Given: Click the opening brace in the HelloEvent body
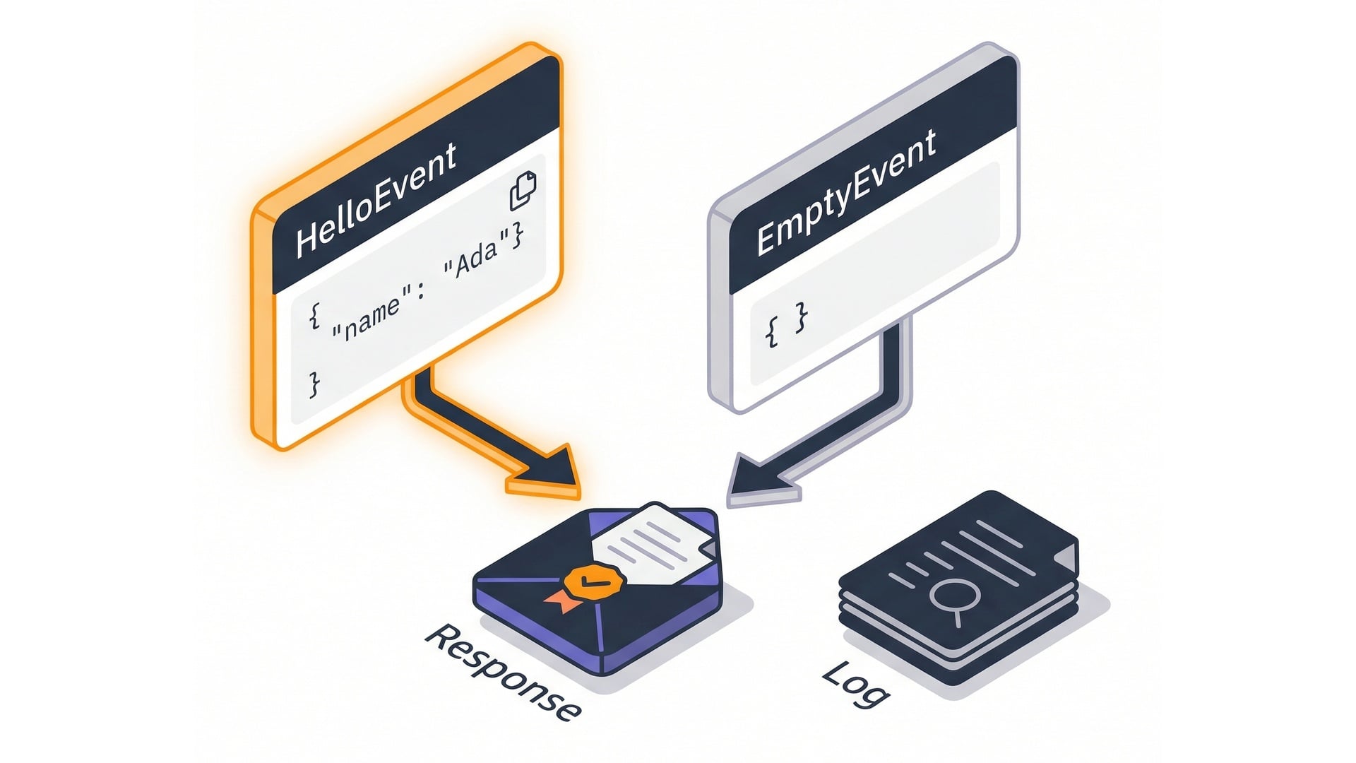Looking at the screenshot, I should coord(315,316).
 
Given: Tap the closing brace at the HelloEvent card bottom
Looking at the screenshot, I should coord(314,384).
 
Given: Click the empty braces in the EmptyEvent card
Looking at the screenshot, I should coord(786,326).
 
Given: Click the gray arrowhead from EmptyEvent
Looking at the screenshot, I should coord(752,477).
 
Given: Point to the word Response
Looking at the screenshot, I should coord(503,671).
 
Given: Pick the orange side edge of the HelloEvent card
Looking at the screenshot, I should coord(263,325).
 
